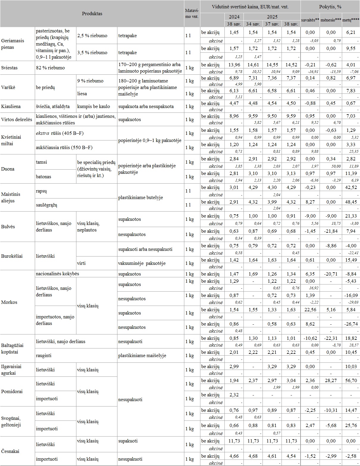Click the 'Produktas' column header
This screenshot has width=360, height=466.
click(x=92, y=14)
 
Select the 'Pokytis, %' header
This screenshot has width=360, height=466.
click(x=330, y=7)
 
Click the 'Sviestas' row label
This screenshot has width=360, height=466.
click(x=10, y=68)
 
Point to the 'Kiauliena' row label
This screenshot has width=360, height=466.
click(x=11, y=107)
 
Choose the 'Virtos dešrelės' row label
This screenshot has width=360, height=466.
click(x=17, y=120)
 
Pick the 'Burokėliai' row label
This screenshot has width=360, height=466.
click(x=12, y=256)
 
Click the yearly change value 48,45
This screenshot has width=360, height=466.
click(x=351, y=202)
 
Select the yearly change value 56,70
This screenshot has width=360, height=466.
click(x=351, y=381)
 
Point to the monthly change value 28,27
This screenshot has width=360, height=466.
click(x=331, y=381)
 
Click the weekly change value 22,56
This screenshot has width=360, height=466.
click(x=310, y=310)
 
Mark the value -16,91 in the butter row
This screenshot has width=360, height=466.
click(x=311, y=72)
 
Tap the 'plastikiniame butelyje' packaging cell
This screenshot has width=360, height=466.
click(x=140, y=198)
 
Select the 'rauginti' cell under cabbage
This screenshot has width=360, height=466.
click(x=44, y=356)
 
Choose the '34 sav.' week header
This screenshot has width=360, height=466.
click(x=253, y=24)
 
